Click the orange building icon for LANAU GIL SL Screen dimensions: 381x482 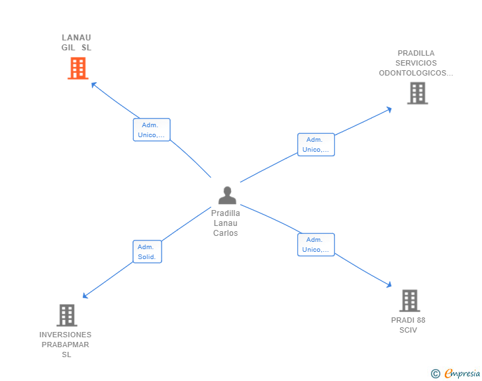78,68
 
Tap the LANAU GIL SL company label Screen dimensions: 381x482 76,42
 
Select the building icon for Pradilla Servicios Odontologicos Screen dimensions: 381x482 417,93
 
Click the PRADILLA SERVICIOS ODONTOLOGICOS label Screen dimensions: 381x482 416,63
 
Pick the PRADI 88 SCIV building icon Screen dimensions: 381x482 410,301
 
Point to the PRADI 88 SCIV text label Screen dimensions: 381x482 409,325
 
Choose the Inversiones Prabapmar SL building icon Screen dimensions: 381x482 67,315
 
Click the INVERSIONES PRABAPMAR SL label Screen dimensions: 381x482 66,345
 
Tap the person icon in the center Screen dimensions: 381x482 227,195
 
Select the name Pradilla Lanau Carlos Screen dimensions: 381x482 226,223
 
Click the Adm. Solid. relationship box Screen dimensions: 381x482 147,252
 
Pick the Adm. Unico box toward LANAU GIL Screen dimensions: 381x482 152,130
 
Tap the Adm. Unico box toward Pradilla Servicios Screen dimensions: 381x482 316,144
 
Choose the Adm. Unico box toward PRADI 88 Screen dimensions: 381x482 316,245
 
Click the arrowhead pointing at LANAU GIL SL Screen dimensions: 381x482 93,84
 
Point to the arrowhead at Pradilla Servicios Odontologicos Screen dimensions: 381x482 389,109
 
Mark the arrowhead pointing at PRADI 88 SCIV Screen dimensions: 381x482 389,286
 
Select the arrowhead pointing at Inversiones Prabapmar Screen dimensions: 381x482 85,296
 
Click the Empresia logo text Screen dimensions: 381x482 462,374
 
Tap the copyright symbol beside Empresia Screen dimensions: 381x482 436,374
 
